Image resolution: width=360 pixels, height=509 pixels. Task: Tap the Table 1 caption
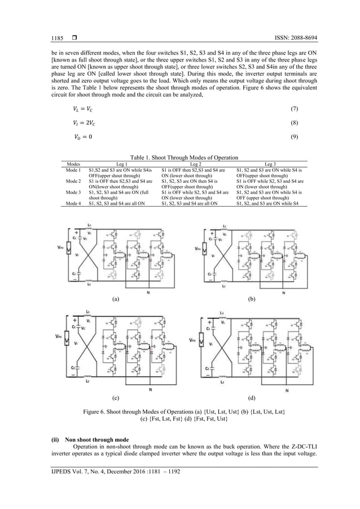tap(180, 157)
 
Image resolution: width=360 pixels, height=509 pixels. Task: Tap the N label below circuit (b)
tap(283, 293)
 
